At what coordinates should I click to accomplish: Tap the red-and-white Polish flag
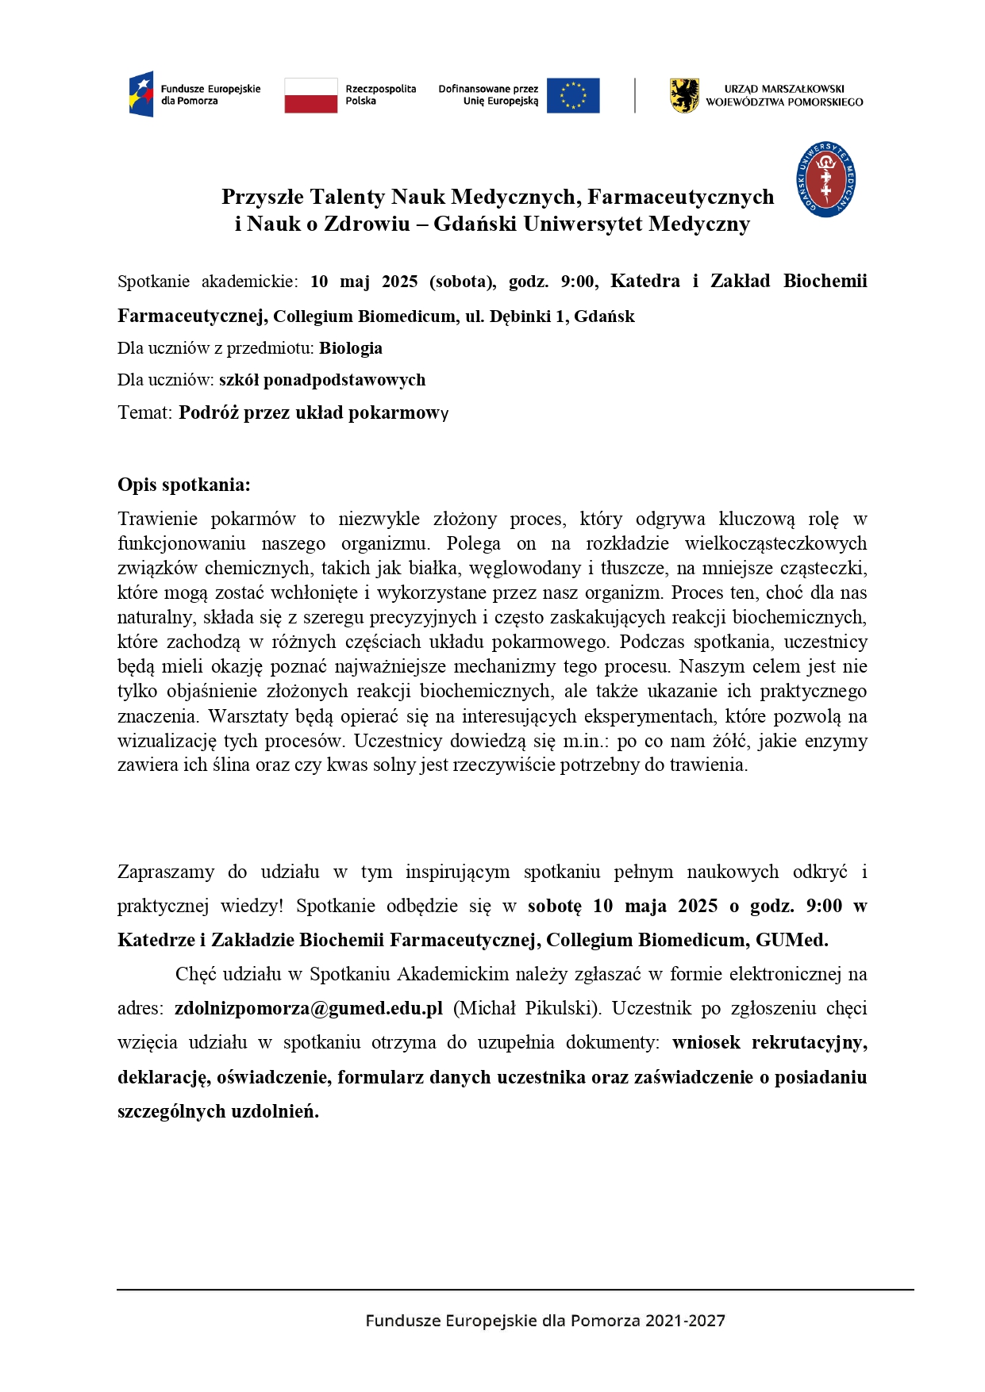[x=310, y=95]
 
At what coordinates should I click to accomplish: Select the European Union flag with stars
[x=573, y=95]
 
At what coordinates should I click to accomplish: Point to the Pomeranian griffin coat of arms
[x=684, y=95]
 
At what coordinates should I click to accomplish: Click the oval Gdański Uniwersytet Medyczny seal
[x=825, y=179]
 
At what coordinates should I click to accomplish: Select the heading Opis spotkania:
[x=183, y=485]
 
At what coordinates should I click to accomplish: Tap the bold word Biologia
[x=351, y=348]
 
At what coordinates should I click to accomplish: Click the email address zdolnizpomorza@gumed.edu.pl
[x=309, y=1008]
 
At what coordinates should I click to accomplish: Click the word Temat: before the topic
[x=144, y=412]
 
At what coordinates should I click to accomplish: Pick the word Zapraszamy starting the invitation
[x=165, y=872]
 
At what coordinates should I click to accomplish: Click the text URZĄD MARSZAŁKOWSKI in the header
[x=783, y=89]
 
